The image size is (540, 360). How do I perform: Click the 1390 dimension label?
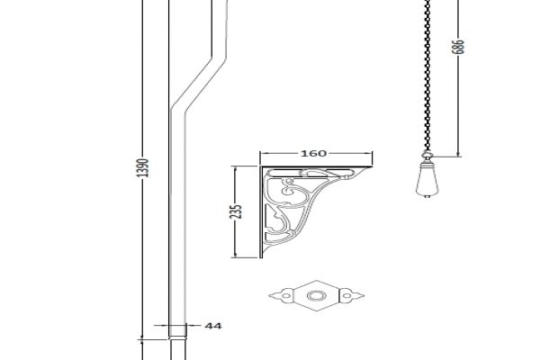(x=142, y=167)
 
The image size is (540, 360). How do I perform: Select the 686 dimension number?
(x=458, y=47)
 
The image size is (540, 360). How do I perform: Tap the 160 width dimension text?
(x=313, y=153)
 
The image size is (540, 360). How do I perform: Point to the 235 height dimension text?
(x=235, y=211)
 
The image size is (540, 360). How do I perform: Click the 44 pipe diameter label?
(x=213, y=326)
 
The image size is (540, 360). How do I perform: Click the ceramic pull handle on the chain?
(x=427, y=178)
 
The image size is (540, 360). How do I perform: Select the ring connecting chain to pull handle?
(x=427, y=156)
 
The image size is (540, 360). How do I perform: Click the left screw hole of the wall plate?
(x=286, y=295)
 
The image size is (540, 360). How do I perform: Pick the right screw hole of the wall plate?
(x=346, y=295)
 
